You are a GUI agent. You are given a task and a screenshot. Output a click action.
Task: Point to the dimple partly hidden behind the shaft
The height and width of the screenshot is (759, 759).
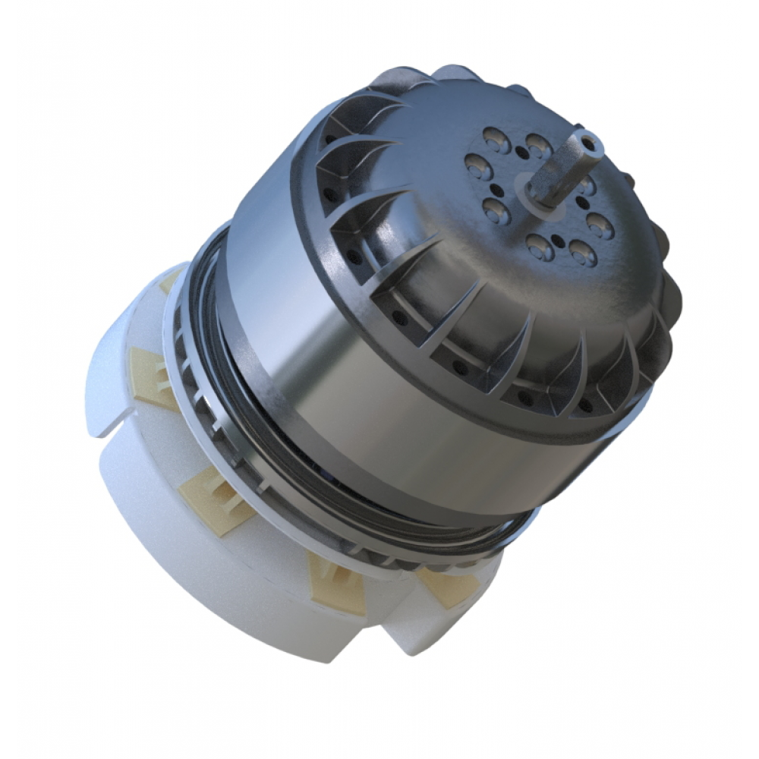click(x=587, y=184)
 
